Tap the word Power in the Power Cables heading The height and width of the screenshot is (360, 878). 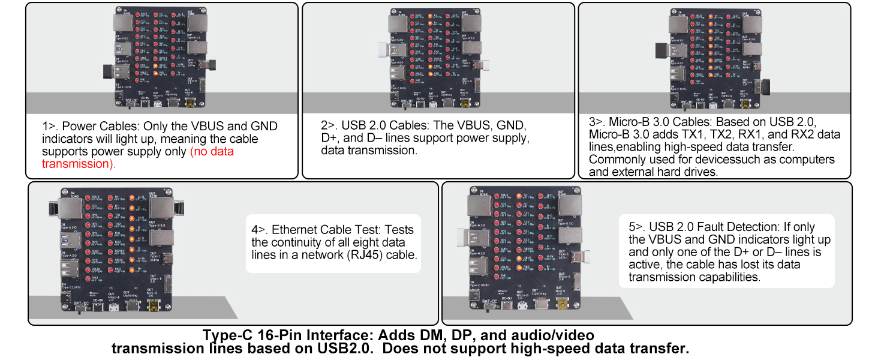79,127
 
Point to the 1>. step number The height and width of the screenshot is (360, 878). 50,127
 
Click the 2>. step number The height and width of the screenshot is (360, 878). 329,126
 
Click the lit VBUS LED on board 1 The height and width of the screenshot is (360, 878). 155,65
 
